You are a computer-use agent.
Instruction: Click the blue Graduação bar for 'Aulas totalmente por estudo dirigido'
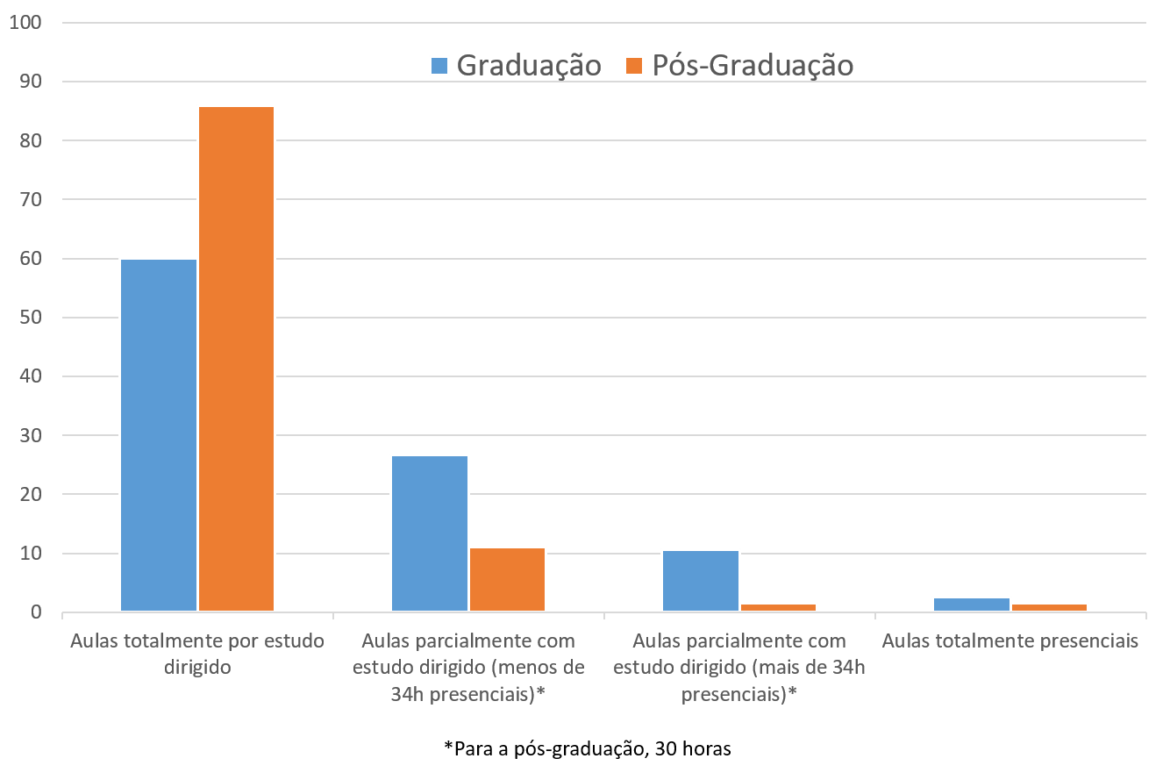coord(159,435)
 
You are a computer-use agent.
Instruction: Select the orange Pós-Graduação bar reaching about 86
coord(236,359)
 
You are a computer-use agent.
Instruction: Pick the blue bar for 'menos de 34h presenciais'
coord(430,533)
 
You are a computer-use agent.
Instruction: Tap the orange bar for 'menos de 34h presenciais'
coord(507,579)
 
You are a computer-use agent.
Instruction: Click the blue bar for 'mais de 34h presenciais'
coord(701,581)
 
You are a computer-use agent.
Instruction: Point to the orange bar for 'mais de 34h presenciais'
coord(778,606)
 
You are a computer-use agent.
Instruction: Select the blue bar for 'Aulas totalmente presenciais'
coord(972,604)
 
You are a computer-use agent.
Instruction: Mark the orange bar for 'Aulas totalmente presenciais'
coord(1049,606)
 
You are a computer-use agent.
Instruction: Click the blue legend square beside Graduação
coord(439,66)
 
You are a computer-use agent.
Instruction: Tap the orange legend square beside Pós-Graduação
coord(633,66)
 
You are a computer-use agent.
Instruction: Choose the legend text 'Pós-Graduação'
coord(752,66)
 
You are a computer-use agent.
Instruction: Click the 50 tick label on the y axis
coord(30,318)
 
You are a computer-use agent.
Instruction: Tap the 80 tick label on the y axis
coord(30,140)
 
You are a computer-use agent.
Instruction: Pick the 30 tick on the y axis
coord(30,435)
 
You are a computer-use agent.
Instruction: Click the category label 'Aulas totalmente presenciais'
coord(1010,641)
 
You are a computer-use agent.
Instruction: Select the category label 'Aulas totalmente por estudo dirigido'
coord(197,654)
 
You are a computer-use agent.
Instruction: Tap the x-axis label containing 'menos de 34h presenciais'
coord(468,667)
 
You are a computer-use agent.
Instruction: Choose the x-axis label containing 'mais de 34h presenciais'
coord(739,667)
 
